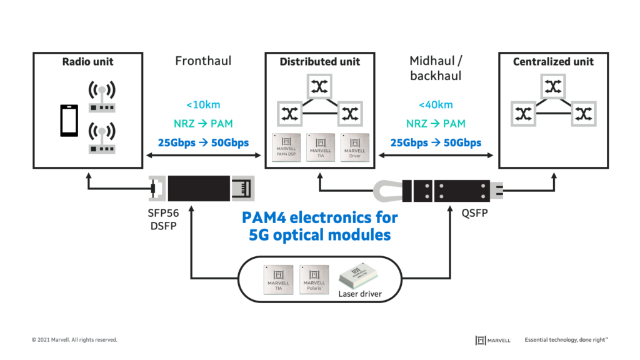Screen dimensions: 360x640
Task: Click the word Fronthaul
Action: click(x=202, y=61)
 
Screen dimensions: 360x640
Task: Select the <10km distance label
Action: click(x=203, y=105)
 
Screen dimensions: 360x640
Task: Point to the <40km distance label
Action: click(x=436, y=105)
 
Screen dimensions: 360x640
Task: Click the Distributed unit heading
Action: click(x=319, y=62)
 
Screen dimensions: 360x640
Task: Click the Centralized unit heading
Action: click(x=553, y=62)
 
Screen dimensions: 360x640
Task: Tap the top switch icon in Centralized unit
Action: click(x=552, y=87)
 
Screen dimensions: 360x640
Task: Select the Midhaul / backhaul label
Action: click(x=436, y=67)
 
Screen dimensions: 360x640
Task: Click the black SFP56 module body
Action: click(x=194, y=188)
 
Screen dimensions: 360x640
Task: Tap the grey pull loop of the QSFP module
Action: click(x=387, y=188)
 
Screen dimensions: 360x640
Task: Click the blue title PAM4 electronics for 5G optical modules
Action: click(x=319, y=226)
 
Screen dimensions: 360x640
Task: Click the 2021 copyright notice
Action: click(x=74, y=340)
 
